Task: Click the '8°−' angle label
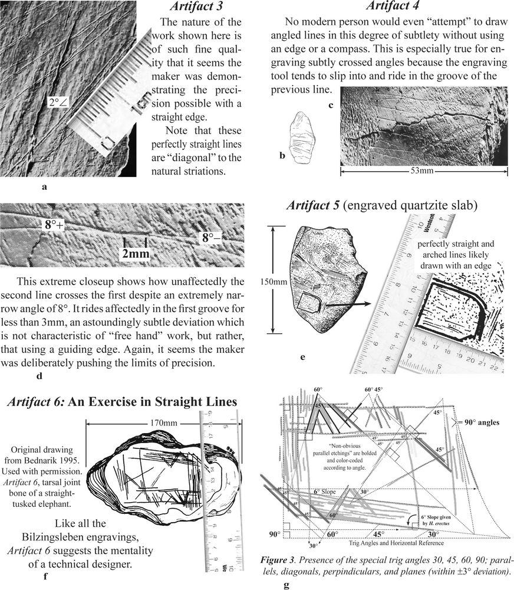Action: coord(212,238)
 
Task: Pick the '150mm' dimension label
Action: coord(273,281)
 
